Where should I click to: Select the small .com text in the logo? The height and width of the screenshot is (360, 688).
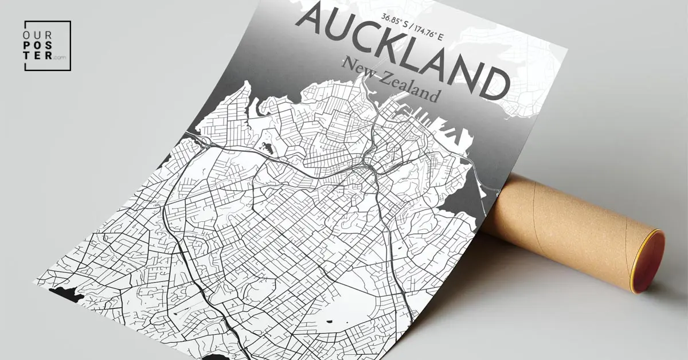[x=59, y=57]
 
